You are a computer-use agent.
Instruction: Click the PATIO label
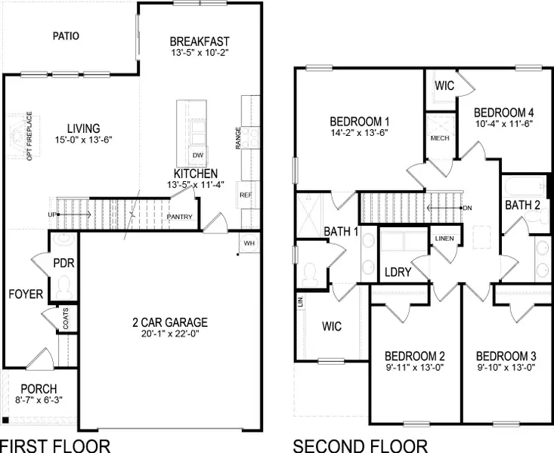tap(67, 35)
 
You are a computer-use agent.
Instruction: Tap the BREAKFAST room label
tap(199, 41)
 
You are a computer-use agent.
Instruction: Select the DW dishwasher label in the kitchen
tap(198, 156)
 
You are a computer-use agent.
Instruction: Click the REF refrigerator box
tap(246, 195)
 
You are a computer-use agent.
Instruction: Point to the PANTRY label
tap(180, 217)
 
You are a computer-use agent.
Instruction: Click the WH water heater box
tap(249, 243)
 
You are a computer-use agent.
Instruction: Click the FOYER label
tap(26, 294)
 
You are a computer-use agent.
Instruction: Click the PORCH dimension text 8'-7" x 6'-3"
tap(39, 401)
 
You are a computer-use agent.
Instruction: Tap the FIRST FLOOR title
tap(54, 445)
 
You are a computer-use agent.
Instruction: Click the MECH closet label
tap(440, 138)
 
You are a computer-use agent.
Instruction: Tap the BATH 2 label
tap(522, 205)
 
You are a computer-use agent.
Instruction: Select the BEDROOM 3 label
tap(506, 356)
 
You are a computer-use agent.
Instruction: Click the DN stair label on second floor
tap(467, 207)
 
